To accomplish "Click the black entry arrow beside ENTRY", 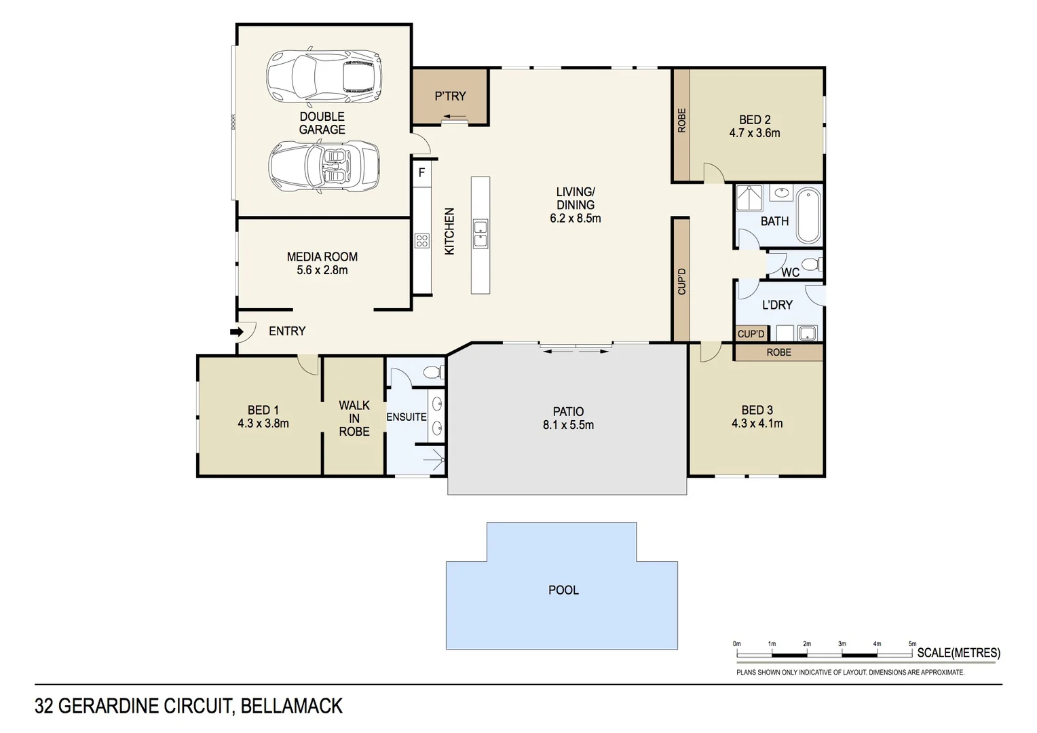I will [237, 332].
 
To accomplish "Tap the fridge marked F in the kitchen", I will [421, 172].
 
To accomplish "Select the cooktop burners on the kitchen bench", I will [422, 240].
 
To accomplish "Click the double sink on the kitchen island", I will [480, 233].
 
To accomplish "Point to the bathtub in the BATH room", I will [808, 216].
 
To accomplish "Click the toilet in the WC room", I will [810, 264].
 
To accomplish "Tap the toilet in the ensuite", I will [432, 372].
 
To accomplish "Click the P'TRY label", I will [450, 96].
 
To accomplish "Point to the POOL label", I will [563, 590].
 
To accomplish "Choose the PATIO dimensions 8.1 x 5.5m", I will [568, 426].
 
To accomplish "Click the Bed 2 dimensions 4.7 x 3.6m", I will [755, 134].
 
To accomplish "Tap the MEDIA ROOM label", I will [322, 257].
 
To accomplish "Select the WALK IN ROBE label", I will [354, 418].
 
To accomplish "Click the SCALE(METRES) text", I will [958, 653].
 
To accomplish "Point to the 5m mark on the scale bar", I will [912, 644].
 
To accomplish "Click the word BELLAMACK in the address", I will [292, 707].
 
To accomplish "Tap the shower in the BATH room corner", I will [749, 198].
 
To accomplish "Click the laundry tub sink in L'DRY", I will [807, 333].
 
